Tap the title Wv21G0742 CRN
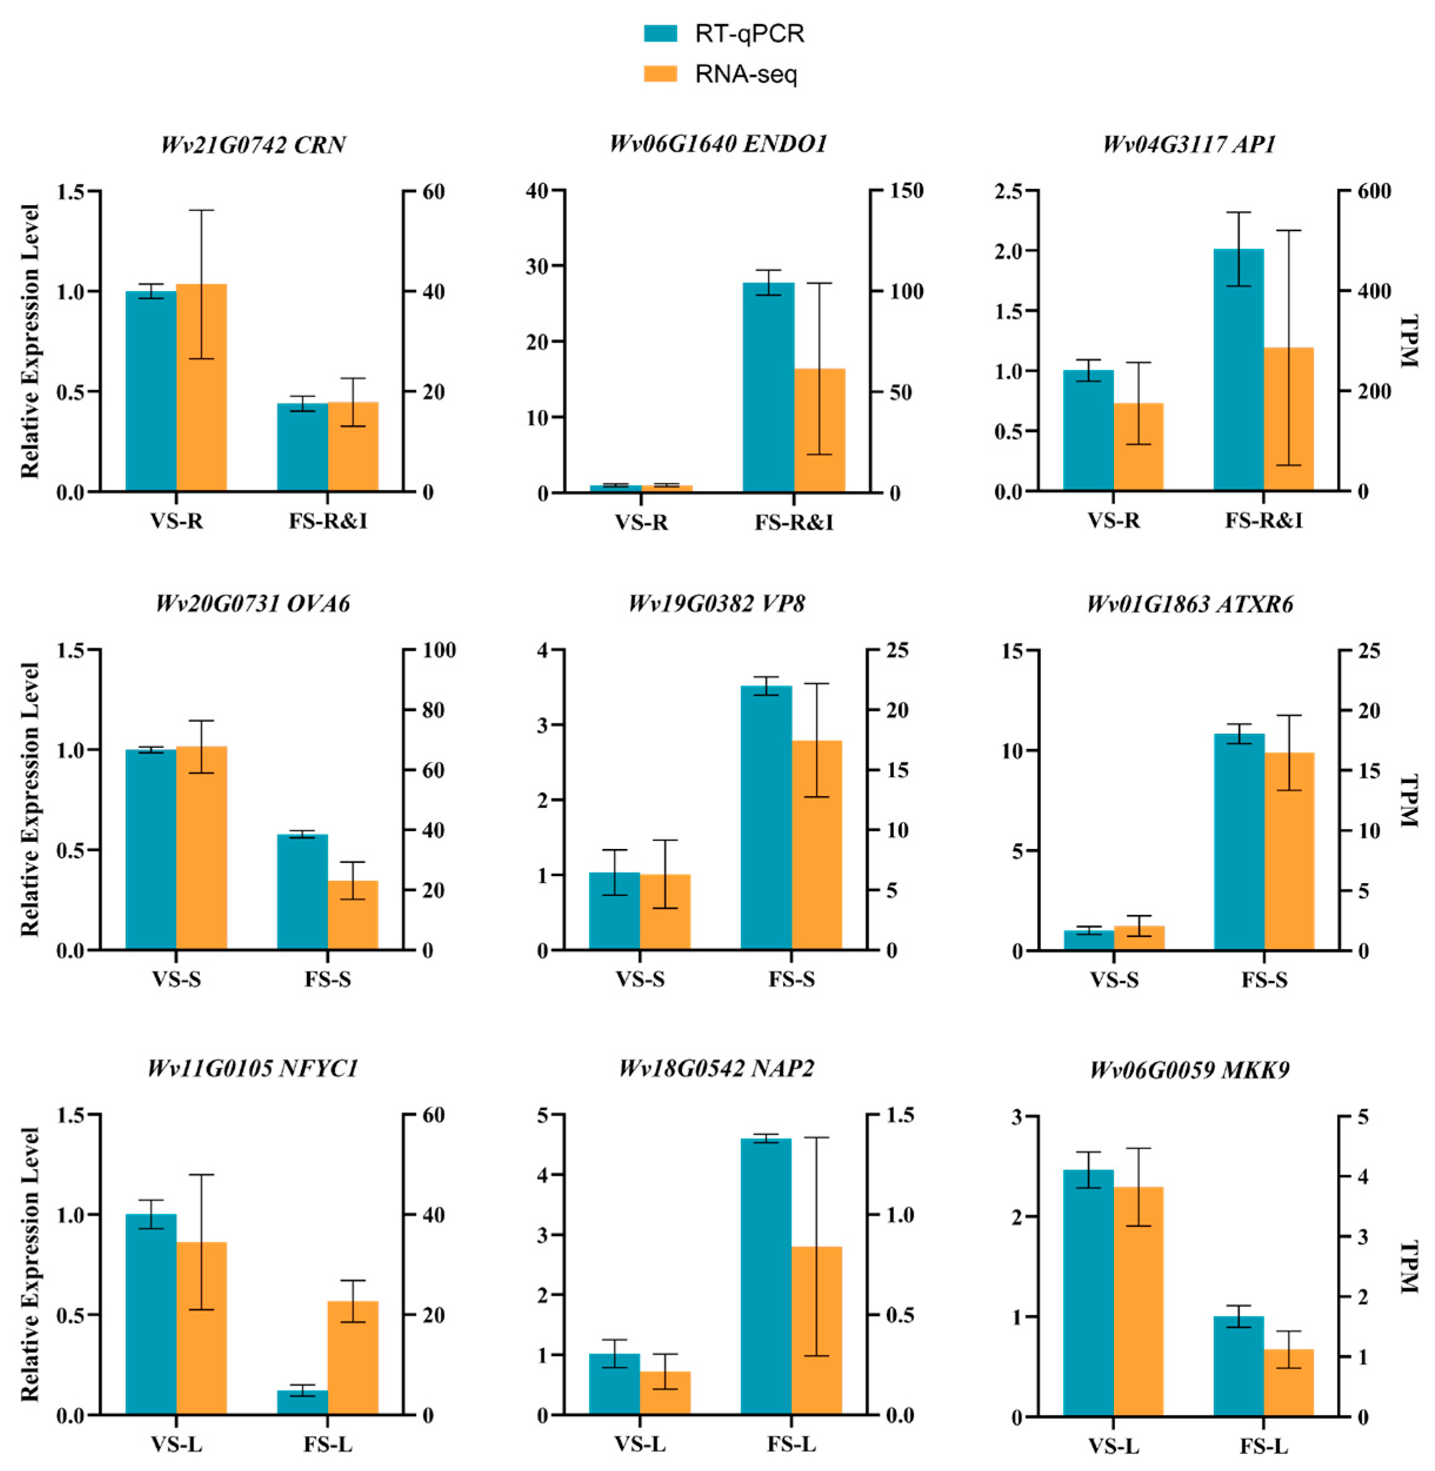tap(253, 144)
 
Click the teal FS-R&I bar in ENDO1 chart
tap(768, 387)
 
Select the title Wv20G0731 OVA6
tap(253, 604)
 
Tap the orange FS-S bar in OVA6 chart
tap(353, 915)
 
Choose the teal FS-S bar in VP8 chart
tap(766, 818)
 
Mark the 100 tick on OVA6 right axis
tap(439, 650)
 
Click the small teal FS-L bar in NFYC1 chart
tap(302, 1402)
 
